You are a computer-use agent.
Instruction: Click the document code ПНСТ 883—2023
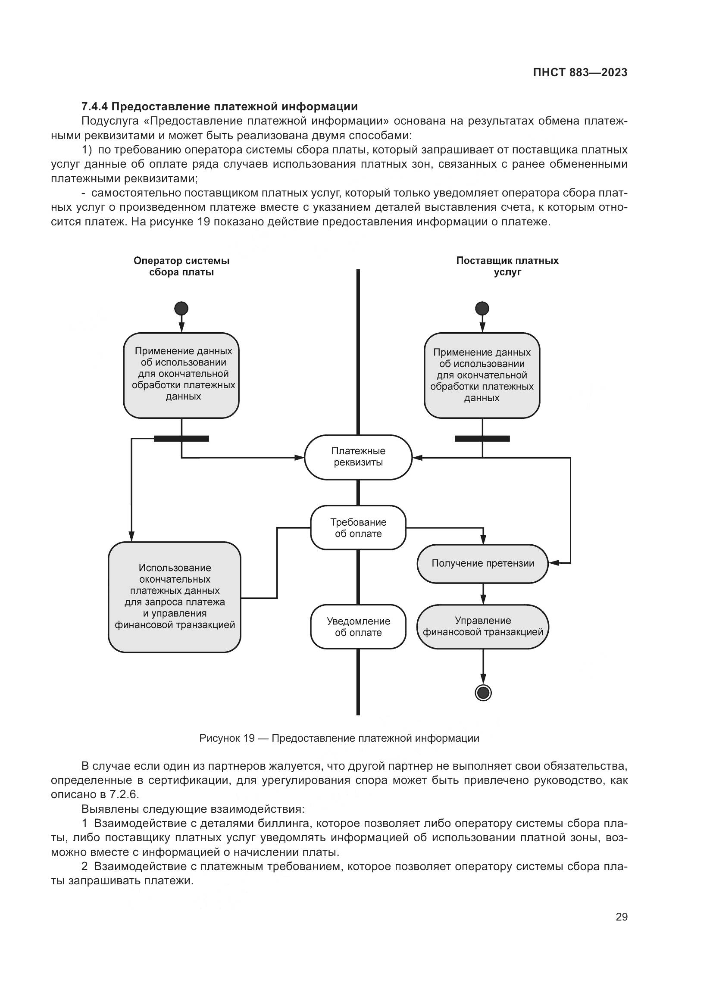click(580, 72)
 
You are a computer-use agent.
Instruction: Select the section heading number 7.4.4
click(94, 107)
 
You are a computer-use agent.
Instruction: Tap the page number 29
click(621, 917)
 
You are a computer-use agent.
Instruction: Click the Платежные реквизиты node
click(358, 457)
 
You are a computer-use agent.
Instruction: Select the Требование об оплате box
click(358, 528)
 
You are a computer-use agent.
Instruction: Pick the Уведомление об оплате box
click(358, 627)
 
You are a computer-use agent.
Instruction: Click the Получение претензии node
click(482, 564)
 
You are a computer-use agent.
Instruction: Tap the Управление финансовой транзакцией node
click(482, 627)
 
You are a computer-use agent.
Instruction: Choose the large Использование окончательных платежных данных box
click(174, 596)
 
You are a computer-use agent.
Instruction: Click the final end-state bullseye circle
click(483, 693)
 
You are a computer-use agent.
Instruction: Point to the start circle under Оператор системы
click(181, 308)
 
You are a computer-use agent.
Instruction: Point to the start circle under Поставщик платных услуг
click(482, 308)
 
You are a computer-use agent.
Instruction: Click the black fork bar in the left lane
click(181, 438)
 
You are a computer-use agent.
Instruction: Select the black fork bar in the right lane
click(482, 438)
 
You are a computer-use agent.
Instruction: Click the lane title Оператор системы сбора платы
click(181, 266)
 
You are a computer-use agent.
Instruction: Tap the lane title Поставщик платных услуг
click(507, 266)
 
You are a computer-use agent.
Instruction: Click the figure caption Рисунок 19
click(227, 738)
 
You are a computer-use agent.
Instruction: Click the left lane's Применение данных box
click(181, 375)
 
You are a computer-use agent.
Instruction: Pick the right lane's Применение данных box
click(482, 375)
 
